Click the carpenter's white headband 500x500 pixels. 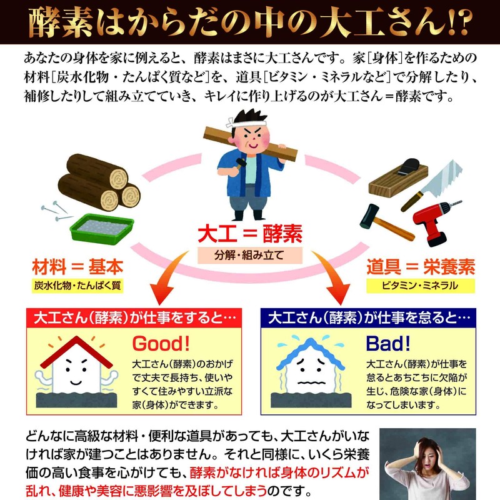click(246, 122)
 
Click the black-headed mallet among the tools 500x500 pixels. click(386, 222)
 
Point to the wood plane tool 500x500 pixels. click(398, 176)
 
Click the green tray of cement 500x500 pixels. click(102, 228)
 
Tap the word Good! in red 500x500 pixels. click(161, 344)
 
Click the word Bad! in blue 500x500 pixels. click(387, 344)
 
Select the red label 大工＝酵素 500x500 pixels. click(250, 234)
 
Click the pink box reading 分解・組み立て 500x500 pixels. click(249, 255)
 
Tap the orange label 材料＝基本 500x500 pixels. click(77, 267)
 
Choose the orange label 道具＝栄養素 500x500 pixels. click(421, 267)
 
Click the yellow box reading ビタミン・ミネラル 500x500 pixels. click(421, 286)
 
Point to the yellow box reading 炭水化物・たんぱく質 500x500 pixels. click(77, 286)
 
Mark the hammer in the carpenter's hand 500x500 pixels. click(239, 163)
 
